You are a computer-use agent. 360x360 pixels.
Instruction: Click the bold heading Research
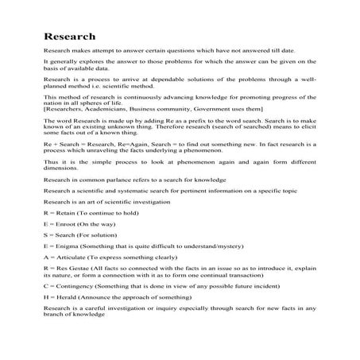tap(70, 37)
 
